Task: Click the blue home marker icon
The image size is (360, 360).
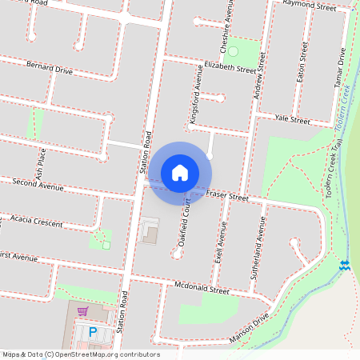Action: tap(180, 172)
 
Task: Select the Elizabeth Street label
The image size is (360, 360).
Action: tap(230, 66)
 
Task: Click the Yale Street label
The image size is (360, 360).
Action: tap(292, 120)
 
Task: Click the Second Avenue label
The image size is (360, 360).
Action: tap(38, 186)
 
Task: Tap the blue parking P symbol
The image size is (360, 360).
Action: tap(92, 331)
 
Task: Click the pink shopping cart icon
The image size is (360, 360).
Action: tap(82, 310)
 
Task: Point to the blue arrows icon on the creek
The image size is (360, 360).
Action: tap(345, 265)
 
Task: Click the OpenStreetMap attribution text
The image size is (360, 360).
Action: tap(81, 354)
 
